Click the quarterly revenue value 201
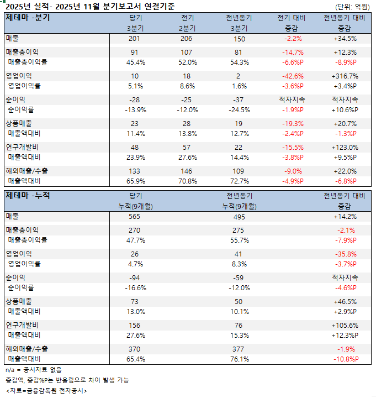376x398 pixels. (135, 39)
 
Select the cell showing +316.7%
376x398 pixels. (345, 76)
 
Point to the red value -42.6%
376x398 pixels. (294, 76)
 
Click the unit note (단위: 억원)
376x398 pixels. (353, 7)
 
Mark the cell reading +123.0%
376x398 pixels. (345, 148)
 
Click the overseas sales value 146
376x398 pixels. (189, 171)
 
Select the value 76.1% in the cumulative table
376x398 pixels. (240, 359)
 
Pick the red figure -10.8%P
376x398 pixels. (345, 359)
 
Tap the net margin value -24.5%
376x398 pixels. (240, 109)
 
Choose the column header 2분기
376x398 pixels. (189, 28)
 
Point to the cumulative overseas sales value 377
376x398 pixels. (240, 349)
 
